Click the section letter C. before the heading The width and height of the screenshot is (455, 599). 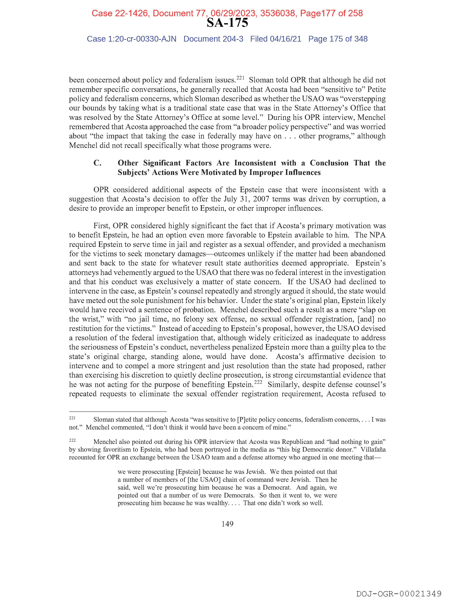[97, 163]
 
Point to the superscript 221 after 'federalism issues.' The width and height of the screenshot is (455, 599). [241, 78]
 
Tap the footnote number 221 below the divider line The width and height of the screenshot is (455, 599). [72, 418]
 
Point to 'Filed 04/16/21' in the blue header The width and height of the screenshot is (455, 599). [275, 39]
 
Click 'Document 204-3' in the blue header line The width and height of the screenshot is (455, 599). [213, 39]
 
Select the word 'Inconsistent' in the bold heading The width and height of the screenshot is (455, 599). [255, 163]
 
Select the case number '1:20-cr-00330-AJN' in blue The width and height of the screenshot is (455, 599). [142, 39]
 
